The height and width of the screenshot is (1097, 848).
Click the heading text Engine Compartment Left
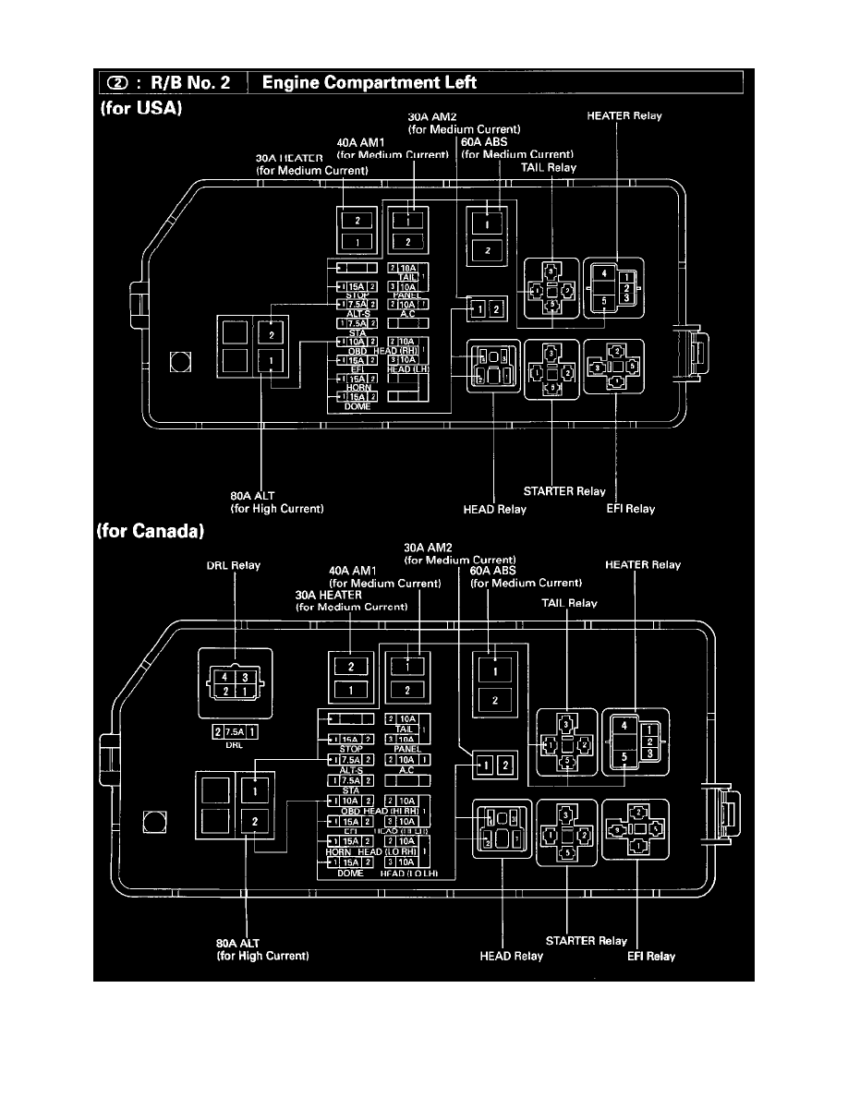tap(369, 83)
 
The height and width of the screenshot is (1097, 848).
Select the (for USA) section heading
tap(139, 107)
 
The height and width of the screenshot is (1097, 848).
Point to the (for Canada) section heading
tap(150, 533)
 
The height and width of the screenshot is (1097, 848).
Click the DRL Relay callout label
tap(232, 565)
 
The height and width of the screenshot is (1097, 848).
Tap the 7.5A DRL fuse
tap(236, 731)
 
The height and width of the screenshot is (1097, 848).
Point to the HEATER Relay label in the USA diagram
tap(624, 116)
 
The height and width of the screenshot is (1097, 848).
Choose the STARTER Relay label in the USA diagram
tap(563, 491)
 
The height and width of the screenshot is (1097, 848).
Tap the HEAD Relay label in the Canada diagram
tap(511, 956)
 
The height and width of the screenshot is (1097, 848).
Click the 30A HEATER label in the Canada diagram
tap(329, 596)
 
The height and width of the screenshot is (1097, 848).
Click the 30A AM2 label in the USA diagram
tap(430, 117)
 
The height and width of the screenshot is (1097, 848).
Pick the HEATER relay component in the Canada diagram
tap(626, 741)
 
